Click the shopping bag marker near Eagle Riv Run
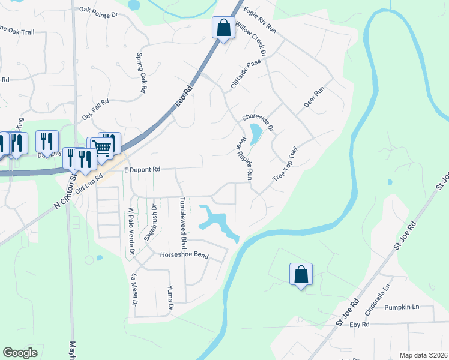tap(223, 28)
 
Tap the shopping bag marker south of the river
tap(301, 275)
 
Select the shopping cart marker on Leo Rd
tap(103, 146)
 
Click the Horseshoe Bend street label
tap(184, 256)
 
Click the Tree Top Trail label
tap(285, 163)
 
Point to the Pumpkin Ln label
tap(402, 307)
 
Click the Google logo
tap(20, 353)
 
